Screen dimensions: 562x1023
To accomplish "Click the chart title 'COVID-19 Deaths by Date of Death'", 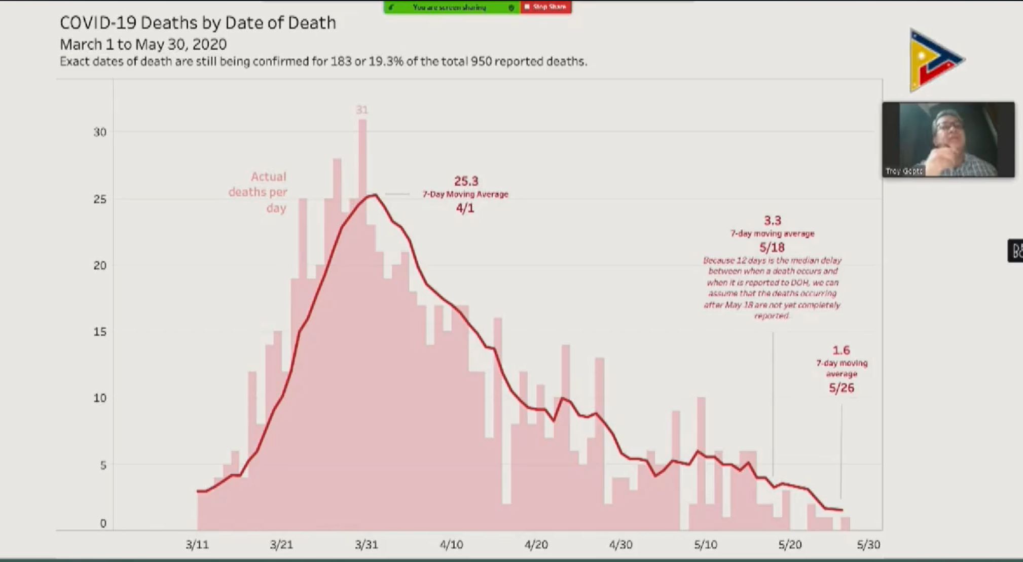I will pyautogui.click(x=198, y=23).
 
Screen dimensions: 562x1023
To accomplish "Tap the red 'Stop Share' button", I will pyautogui.click(x=546, y=7).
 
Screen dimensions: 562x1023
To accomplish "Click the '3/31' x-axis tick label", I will pyautogui.click(x=366, y=545).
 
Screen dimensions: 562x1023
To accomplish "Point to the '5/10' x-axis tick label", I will pyautogui.click(x=705, y=545).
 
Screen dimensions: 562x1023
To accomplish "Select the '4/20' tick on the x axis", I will pyautogui.click(x=536, y=545).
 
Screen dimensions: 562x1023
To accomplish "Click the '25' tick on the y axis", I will pyautogui.click(x=100, y=199).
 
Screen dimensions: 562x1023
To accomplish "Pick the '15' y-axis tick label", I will pyautogui.click(x=100, y=332).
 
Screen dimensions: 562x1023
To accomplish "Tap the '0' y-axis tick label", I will pyautogui.click(x=103, y=523).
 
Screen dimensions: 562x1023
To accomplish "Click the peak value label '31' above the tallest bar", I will pyautogui.click(x=362, y=110).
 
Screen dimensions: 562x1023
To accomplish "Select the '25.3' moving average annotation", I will pyautogui.click(x=466, y=181).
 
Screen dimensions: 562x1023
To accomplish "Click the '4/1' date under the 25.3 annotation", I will pyautogui.click(x=465, y=208).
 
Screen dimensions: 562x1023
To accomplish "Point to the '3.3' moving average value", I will pyautogui.click(x=773, y=221).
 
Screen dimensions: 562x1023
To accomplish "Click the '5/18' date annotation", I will pyautogui.click(x=772, y=248).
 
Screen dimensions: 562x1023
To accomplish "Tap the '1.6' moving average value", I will pyautogui.click(x=841, y=350).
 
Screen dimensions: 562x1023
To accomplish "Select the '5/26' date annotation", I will pyautogui.click(x=842, y=388).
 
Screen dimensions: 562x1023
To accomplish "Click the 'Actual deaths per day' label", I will pyautogui.click(x=258, y=192).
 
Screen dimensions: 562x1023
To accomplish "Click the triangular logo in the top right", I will pyautogui.click(x=934, y=60).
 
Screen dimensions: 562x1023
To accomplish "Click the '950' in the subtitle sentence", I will pyautogui.click(x=481, y=61).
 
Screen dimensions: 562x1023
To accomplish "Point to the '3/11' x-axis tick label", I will pyautogui.click(x=197, y=545).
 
